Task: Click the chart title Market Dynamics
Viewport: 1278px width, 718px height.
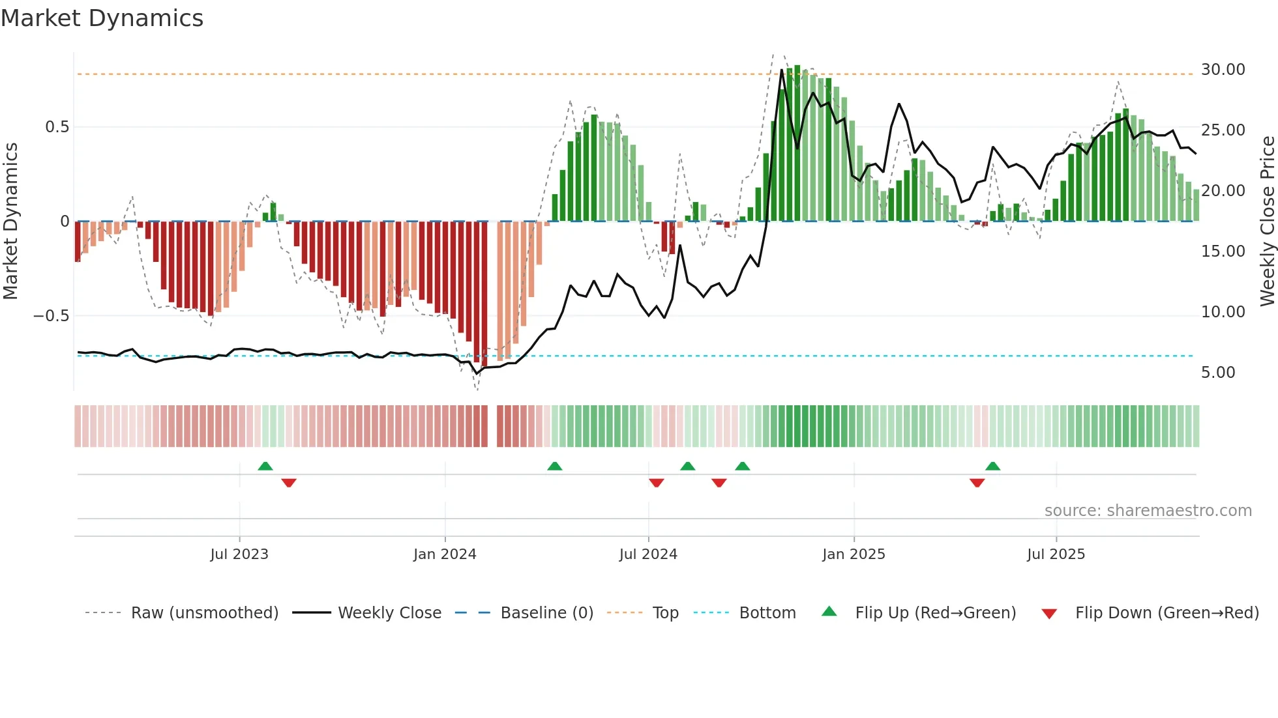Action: (102, 18)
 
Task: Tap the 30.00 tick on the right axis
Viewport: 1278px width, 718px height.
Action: (1223, 70)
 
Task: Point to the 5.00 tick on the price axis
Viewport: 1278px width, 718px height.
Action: (1217, 373)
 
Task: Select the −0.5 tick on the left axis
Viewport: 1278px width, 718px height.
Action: (51, 316)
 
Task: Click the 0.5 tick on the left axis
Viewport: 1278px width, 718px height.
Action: (57, 127)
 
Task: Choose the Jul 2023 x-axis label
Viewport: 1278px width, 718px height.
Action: (239, 554)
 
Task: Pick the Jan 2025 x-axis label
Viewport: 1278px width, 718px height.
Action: (854, 554)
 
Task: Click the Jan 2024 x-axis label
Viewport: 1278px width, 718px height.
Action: (445, 554)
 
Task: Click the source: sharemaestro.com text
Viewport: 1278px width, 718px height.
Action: (1148, 511)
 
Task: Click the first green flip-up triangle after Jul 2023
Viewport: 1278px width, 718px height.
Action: (265, 467)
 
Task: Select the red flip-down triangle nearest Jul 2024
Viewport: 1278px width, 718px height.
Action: (657, 483)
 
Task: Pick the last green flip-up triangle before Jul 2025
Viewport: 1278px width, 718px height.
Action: (992, 467)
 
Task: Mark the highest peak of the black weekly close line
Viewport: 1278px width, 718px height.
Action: (782, 70)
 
